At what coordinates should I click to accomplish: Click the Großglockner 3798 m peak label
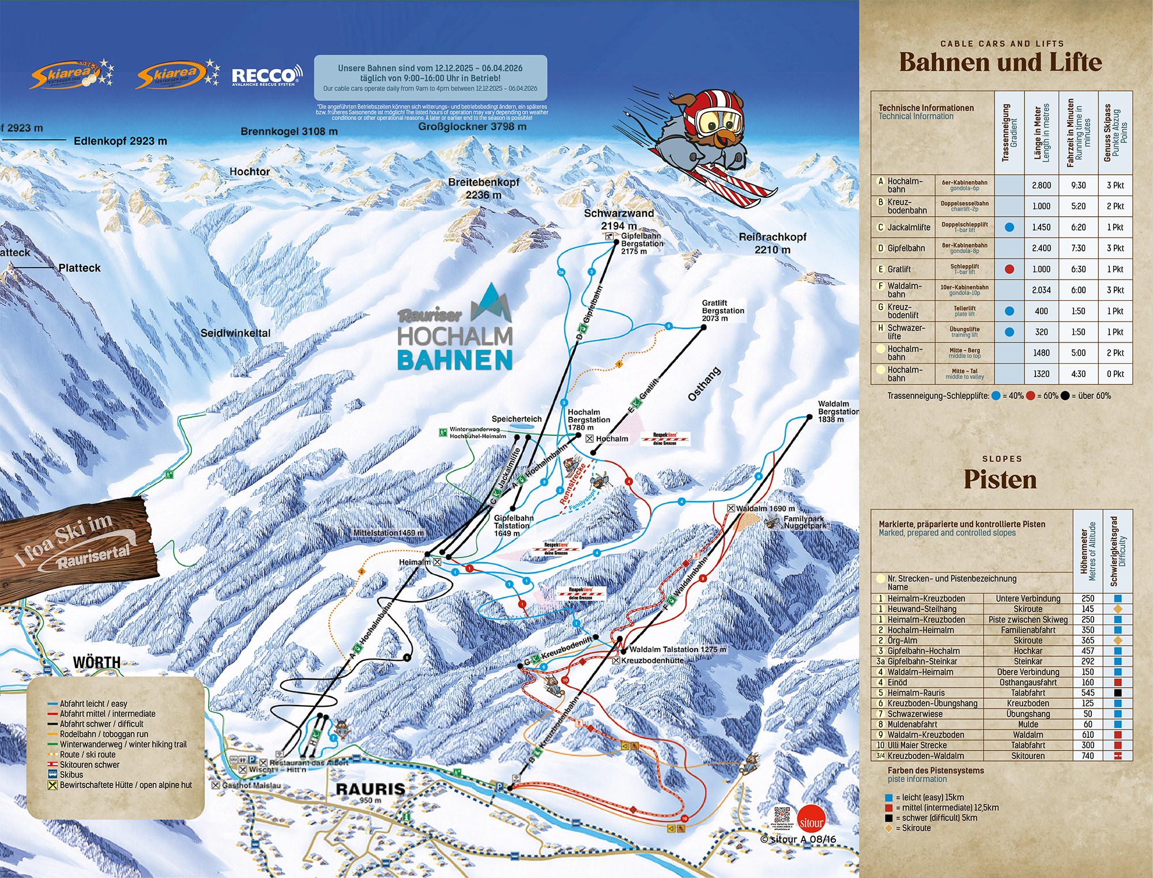(472, 126)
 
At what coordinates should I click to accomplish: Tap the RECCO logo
(266, 76)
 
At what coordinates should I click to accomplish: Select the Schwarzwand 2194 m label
(619, 219)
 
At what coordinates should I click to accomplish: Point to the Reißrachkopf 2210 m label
(773, 243)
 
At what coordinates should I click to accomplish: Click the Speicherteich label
(517, 419)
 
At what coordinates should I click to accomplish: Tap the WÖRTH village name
(97, 662)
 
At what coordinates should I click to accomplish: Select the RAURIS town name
(370, 789)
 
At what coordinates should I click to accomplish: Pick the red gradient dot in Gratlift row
(1009, 269)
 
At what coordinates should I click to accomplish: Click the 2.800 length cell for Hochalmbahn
(1041, 186)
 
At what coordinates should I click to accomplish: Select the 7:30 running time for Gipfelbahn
(1078, 248)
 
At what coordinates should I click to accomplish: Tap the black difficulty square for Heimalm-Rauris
(1117, 693)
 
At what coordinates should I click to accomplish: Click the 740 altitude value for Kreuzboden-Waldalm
(1087, 756)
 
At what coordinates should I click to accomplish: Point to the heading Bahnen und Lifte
(1000, 62)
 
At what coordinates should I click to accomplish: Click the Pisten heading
(1000, 480)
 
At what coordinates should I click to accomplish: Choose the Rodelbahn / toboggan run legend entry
(104, 734)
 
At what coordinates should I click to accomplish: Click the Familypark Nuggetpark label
(804, 522)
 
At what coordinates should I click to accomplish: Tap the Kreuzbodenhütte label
(652, 661)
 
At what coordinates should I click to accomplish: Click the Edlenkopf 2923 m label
(120, 141)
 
